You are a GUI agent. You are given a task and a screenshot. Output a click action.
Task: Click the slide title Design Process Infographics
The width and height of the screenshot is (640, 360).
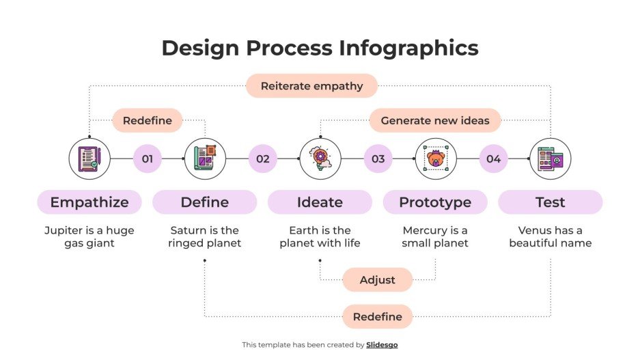pos(320,48)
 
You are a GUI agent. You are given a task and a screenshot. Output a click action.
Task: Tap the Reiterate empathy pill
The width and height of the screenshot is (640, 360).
pos(311,86)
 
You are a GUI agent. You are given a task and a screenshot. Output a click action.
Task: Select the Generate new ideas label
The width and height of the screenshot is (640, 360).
pos(435,120)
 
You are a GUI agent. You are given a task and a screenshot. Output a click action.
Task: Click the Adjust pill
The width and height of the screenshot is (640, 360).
pos(378,280)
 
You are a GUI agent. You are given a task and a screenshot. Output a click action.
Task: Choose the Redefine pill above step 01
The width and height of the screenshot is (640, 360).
pos(147,120)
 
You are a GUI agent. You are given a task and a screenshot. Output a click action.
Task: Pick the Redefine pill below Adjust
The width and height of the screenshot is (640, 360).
pos(378,317)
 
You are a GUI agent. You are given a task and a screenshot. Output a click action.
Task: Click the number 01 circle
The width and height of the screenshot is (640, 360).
pos(148,159)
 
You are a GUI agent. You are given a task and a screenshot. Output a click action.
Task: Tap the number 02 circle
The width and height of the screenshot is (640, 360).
pos(263,159)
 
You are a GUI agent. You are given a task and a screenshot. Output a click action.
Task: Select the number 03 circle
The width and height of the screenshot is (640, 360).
pos(378,159)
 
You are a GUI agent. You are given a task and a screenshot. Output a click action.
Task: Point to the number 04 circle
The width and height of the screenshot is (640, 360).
pos(493,159)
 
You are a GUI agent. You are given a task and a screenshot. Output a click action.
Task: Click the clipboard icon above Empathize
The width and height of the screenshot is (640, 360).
pos(89,159)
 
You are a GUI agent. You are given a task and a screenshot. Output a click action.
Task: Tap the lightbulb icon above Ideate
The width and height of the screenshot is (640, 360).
pos(320,159)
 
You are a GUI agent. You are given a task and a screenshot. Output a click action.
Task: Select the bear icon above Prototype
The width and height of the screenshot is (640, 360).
pos(436,159)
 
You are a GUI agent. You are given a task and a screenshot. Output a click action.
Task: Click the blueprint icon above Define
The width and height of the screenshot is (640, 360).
pos(205,159)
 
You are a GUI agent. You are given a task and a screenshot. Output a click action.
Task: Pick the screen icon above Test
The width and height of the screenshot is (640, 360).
pos(551,159)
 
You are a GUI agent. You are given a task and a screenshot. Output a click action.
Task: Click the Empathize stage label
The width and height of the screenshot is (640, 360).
pos(89,202)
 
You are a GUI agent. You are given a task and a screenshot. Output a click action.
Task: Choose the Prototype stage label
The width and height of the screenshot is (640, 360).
pos(435,202)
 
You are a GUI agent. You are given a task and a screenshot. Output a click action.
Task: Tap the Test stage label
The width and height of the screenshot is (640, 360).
pos(551,202)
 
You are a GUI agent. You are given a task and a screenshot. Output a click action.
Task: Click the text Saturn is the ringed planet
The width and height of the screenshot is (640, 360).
pos(205,236)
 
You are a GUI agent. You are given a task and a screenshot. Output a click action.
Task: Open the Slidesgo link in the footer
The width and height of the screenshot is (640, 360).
pos(382,345)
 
